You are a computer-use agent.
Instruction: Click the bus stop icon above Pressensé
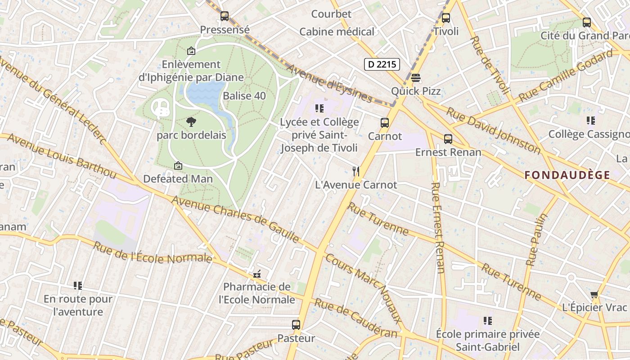click(225, 16)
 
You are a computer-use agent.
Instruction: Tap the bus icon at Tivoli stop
click(446, 18)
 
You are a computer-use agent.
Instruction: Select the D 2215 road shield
click(382, 64)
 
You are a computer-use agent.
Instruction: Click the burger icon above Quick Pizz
click(416, 78)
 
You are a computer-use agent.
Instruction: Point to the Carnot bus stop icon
click(385, 122)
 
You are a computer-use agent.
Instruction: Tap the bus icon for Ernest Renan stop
click(448, 139)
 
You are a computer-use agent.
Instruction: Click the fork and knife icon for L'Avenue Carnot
click(356, 171)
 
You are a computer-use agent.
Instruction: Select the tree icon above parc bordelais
click(191, 121)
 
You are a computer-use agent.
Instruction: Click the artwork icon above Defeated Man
click(178, 166)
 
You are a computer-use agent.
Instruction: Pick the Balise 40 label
click(244, 96)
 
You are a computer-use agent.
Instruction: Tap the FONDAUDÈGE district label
click(567, 175)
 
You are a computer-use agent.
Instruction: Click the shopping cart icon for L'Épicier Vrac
click(594, 294)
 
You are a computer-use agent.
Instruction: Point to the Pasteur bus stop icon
click(296, 324)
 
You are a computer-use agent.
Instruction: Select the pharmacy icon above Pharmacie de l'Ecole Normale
click(257, 274)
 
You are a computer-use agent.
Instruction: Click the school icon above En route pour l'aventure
click(78, 285)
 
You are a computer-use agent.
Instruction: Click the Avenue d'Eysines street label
click(328, 84)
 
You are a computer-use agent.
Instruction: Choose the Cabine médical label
click(337, 32)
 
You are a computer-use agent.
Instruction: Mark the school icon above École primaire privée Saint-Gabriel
click(488, 321)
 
